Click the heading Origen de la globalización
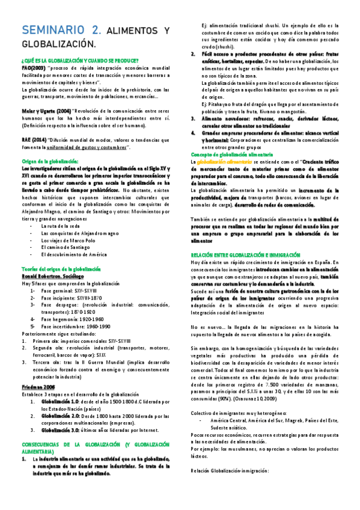tap(50, 161)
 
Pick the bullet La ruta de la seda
tap(60, 209)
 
